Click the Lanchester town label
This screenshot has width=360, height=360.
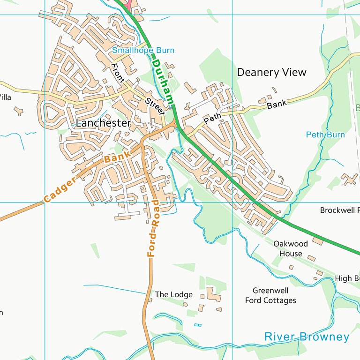point(103,123)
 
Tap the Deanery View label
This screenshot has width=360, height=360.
point(271,72)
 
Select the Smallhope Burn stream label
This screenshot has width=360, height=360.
point(143,50)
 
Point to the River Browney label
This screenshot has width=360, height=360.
point(307,337)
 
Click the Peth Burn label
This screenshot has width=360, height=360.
point(325,135)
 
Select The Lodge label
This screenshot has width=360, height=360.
point(173,294)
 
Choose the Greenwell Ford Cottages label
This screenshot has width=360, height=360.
point(270,295)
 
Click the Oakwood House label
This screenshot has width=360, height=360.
point(291,248)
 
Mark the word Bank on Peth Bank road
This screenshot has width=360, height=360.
point(276,104)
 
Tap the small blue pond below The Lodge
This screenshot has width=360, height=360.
point(198,325)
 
